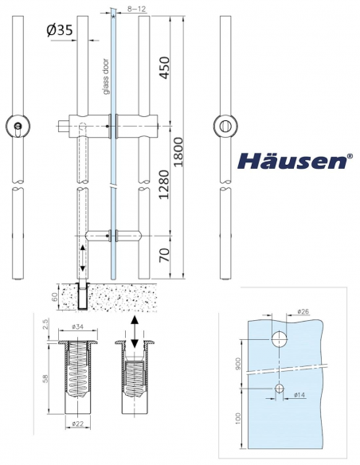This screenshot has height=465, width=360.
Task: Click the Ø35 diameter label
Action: pyautogui.click(x=62, y=30)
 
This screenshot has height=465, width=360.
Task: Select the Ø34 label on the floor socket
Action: pyautogui.click(x=76, y=326)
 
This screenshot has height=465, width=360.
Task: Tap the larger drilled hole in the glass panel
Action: pyautogui.click(x=280, y=338)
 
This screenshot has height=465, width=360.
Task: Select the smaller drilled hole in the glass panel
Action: pyautogui.click(x=280, y=387)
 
